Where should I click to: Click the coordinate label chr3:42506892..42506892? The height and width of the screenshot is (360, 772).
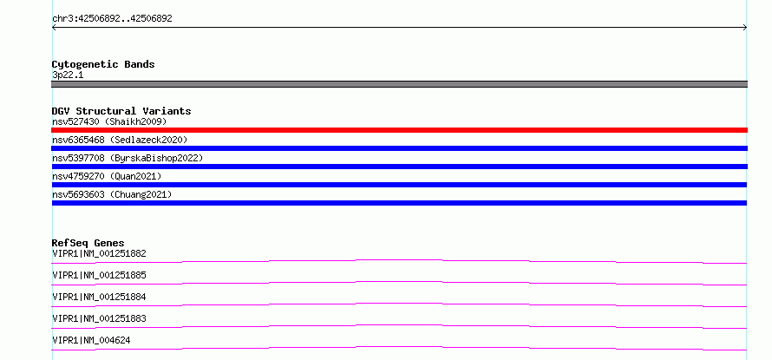(x=112, y=19)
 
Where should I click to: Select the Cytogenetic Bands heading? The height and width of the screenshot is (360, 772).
(x=103, y=64)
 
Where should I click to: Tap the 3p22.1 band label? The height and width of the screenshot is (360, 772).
(x=68, y=75)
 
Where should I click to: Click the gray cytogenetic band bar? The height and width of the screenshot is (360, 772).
(x=399, y=84)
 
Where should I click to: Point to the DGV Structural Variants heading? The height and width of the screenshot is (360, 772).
(x=121, y=111)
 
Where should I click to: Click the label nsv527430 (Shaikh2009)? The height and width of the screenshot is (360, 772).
(x=109, y=121)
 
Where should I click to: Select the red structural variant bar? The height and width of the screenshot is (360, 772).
(x=399, y=130)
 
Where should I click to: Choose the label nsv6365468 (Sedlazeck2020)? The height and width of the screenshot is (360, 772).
(x=120, y=140)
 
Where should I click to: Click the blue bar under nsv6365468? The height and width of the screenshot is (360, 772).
(x=399, y=148)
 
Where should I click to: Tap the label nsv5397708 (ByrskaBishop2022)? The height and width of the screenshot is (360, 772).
(x=128, y=158)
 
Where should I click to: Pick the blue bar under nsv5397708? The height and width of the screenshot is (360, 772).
(x=399, y=167)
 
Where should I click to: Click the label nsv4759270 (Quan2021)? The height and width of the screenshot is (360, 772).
(x=107, y=176)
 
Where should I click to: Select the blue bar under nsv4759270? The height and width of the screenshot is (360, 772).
(x=399, y=185)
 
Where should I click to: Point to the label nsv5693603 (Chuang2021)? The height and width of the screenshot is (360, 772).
(x=112, y=194)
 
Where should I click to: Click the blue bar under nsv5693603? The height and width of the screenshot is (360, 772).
(x=399, y=203)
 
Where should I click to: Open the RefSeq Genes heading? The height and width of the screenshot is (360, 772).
(x=88, y=243)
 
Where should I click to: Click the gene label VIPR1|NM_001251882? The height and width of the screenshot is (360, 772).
(x=99, y=254)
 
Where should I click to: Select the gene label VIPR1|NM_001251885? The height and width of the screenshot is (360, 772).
(x=99, y=275)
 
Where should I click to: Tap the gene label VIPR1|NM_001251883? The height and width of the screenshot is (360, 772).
(x=99, y=318)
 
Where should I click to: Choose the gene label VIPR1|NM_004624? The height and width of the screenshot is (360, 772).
(x=91, y=340)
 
